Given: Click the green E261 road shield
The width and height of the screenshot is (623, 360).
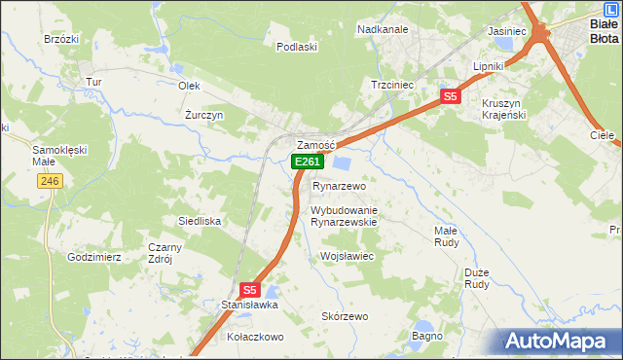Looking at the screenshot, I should point(307,162).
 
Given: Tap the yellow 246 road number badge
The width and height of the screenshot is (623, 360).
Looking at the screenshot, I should point(51,181).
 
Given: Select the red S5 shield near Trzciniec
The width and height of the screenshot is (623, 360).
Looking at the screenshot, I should point(449,96).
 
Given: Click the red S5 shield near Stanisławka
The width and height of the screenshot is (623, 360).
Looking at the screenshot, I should point(249,289).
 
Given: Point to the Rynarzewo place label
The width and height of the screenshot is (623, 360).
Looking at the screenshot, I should point(339,186).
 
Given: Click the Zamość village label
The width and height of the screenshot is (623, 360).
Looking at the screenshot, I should point(315,144).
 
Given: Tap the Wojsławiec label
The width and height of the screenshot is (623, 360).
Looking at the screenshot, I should point(347,256).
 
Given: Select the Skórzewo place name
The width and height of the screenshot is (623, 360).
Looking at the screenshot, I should point(345,316).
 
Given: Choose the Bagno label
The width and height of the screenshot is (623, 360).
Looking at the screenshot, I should point(427,336).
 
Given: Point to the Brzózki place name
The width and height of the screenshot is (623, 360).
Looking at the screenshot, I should point(61,39).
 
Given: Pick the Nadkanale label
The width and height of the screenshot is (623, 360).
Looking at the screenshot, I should point(383,30).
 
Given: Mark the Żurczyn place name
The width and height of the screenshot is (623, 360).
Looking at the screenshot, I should point(204,114).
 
